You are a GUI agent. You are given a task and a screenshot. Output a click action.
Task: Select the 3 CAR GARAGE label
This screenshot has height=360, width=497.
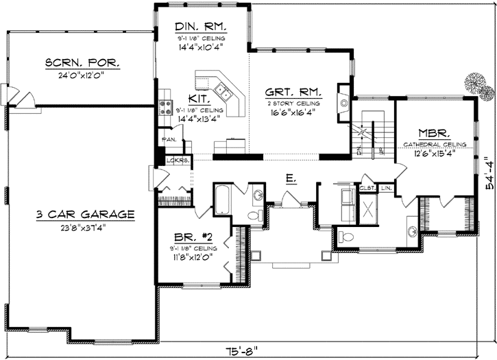(x=86, y=215)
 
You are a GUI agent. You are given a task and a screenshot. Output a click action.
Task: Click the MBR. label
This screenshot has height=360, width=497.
(x=433, y=133)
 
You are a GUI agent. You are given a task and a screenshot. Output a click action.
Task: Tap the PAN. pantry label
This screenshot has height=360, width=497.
(x=169, y=139)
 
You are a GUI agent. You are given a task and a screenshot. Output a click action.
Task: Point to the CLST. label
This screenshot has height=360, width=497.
(x=366, y=187)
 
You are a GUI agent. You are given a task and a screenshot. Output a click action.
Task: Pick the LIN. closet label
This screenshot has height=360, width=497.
(x=386, y=187)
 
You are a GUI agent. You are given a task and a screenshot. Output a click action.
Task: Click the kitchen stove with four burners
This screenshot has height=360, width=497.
(x=165, y=106)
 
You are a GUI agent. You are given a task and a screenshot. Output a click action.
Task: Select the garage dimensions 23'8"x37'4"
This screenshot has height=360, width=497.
(x=86, y=226)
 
